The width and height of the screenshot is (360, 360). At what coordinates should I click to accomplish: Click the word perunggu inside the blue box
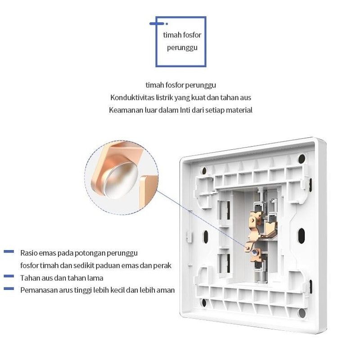(x=182, y=48)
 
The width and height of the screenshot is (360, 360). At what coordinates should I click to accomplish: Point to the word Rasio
(x=29, y=253)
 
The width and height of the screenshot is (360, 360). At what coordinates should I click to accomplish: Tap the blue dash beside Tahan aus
(x=9, y=276)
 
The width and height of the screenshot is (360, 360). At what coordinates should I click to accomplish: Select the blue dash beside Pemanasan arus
(x=9, y=288)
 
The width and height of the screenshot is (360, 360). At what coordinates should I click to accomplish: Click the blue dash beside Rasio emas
(x=9, y=252)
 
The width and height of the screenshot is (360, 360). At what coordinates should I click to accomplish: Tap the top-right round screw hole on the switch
(x=301, y=158)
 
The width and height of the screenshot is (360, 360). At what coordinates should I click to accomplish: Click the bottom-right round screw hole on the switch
(x=302, y=313)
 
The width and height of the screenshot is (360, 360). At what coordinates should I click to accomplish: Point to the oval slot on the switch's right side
(x=301, y=236)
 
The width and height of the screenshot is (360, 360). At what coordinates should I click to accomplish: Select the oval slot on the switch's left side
(x=206, y=237)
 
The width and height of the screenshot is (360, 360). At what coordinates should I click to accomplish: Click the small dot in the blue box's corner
(x=166, y=24)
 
